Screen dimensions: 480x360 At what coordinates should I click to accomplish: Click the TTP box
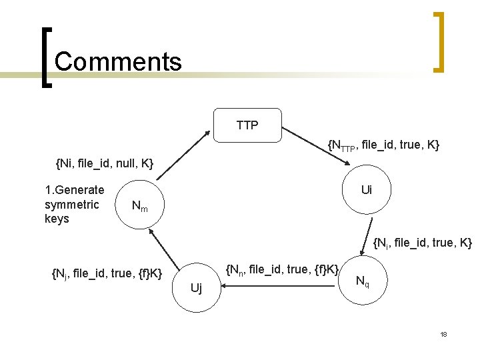click(x=247, y=125)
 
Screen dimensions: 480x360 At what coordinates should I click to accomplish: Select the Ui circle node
click(x=366, y=190)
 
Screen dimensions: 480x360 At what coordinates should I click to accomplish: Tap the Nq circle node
click(x=362, y=281)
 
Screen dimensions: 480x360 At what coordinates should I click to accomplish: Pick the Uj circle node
click(x=196, y=288)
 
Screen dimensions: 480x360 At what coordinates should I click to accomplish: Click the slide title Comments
click(x=118, y=61)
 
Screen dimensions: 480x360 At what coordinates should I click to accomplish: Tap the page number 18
click(x=443, y=334)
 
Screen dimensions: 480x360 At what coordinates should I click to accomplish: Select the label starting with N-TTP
click(x=383, y=145)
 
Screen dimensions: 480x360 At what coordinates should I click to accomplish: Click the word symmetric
click(x=71, y=204)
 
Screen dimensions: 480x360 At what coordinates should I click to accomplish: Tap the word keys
click(x=57, y=219)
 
